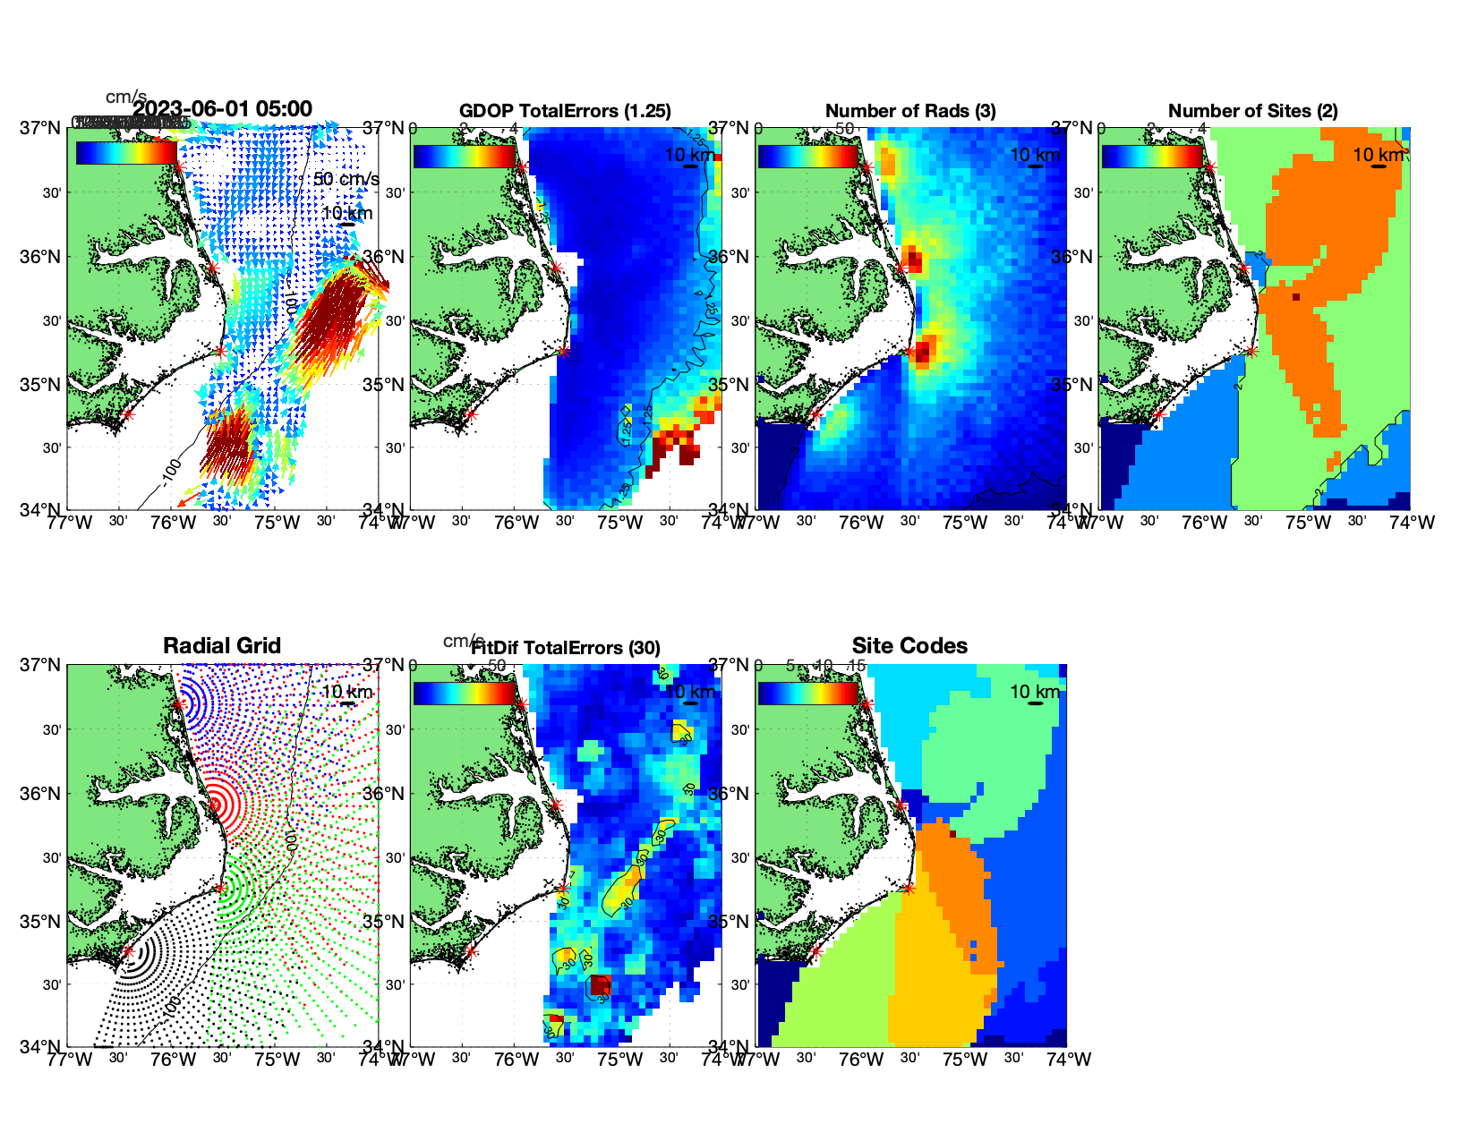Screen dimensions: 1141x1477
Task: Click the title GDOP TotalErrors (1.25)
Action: coord(565,111)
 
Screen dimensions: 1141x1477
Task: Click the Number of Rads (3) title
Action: coord(909,111)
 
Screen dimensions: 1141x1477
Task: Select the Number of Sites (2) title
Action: coord(1252,111)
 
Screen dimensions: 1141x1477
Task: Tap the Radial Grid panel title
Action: coord(222,646)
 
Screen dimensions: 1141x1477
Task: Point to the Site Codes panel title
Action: coord(909,646)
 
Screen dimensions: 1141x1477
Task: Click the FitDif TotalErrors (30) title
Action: coord(566,648)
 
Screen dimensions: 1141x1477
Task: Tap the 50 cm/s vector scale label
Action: coord(346,179)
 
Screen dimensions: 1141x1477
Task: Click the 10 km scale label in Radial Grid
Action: coord(346,692)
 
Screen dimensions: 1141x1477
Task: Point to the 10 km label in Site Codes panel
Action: coord(1035,692)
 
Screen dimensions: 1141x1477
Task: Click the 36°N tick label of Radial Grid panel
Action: coord(41,794)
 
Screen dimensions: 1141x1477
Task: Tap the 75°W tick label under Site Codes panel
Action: coord(965,1060)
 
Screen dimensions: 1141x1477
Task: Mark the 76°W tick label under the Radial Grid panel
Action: coord(173,1060)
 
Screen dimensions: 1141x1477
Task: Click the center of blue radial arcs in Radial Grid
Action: coord(179,703)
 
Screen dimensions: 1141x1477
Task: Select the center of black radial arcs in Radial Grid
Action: coord(128,951)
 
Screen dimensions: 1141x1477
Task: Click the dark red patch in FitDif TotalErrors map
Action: coord(601,985)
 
